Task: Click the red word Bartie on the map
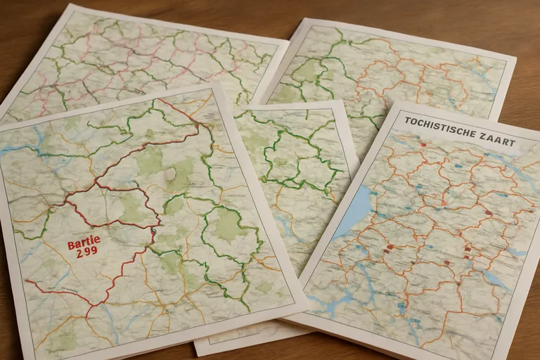(84, 245)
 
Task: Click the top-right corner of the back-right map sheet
(515, 59)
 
